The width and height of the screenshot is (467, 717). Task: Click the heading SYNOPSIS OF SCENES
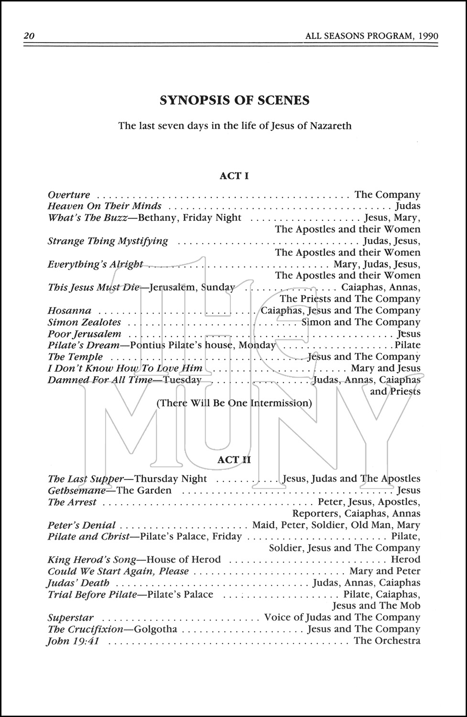[x=234, y=100]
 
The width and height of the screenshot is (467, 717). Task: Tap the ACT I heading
[x=234, y=176]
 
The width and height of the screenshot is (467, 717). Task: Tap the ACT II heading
[x=234, y=460]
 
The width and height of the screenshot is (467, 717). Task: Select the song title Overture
[x=69, y=195]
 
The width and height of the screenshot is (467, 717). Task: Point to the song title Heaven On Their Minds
[x=105, y=206]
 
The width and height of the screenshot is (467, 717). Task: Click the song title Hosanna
[x=69, y=311]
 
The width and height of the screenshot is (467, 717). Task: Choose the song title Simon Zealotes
[x=85, y=322]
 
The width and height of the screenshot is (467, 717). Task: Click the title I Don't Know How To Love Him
[x=125, y=368]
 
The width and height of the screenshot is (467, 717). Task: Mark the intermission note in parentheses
[x=234, y=403]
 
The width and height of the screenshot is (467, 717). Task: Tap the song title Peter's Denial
[x=82, y=525]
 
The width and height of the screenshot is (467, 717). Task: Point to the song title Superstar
[x=70, y=618]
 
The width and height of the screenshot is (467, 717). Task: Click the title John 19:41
[x=73, y=641]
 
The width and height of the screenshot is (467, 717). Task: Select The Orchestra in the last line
[x=387, y=641]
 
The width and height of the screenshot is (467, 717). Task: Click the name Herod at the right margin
[x=405, y=560]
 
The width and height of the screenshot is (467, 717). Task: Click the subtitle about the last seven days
[x=235, y=126]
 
